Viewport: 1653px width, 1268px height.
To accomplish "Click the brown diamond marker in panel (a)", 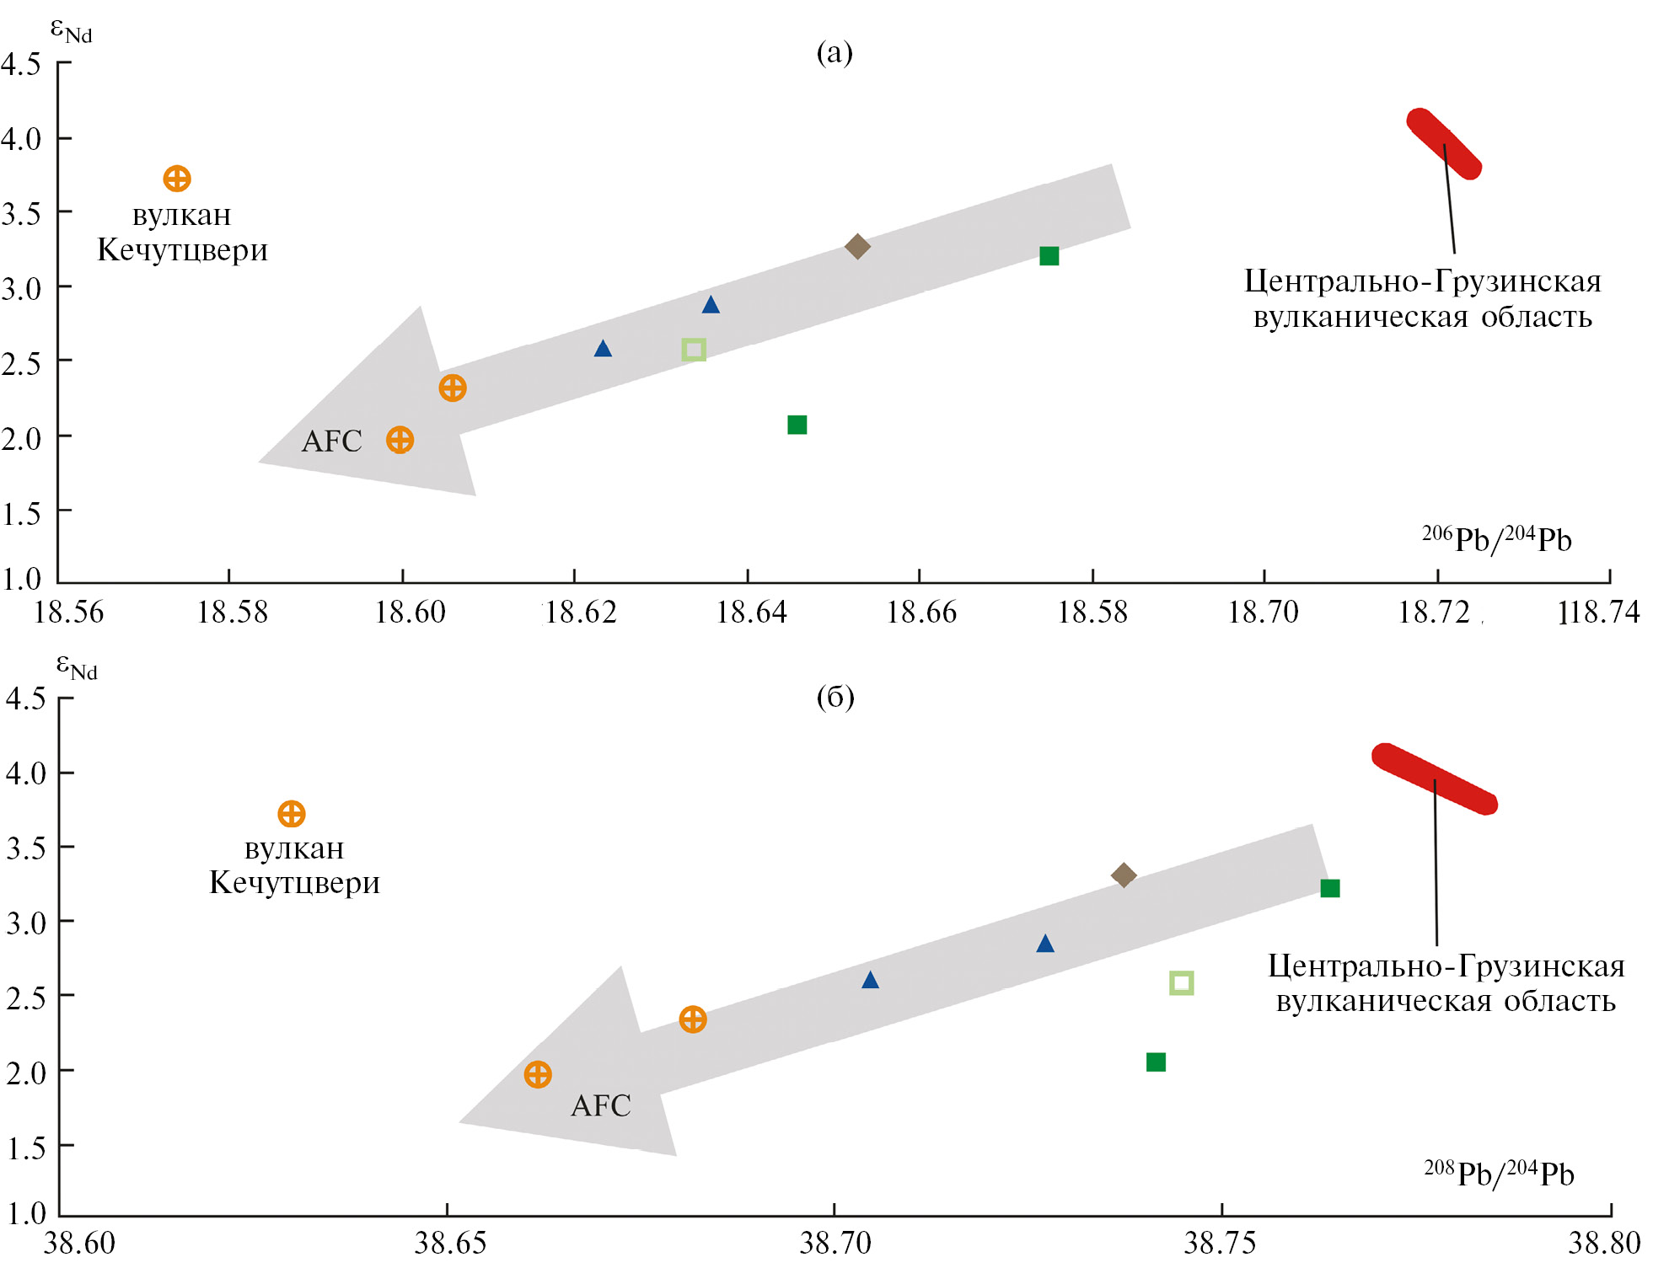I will click(857, 247).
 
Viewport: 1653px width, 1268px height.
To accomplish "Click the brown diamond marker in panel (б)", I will click(1124, 875).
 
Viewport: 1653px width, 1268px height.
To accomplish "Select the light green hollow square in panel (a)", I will click(694, 350).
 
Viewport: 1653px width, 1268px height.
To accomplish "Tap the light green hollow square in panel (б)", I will click(1182, 983).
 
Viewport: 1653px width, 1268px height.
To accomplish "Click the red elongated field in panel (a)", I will click(1444, 144).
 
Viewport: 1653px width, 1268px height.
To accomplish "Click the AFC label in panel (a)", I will click(331, 441).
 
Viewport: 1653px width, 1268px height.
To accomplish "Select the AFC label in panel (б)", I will click(601, 1105).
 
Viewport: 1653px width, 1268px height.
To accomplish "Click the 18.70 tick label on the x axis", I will click(1263, 612).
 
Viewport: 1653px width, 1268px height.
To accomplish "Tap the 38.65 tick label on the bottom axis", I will click(450, 1243).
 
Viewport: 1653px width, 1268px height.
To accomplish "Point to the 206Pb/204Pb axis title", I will click(1497, 539).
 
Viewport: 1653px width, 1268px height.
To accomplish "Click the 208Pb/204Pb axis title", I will click(1499, 1174).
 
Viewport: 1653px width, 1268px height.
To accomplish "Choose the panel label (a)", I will click(835, 52).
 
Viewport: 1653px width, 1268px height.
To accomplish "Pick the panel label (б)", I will click(835, 697).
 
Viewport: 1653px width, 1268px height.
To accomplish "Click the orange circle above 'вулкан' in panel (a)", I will click(177, 179).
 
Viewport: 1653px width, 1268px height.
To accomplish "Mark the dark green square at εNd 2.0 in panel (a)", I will click(797, 425).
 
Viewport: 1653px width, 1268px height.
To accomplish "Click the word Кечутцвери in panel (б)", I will click(295, 883).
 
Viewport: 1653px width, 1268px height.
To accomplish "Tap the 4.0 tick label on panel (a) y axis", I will click(22, 139).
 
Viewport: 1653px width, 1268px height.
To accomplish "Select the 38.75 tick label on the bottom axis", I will click(1220, 1243).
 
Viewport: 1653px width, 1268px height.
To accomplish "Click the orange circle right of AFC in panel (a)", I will click(400, 440).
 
